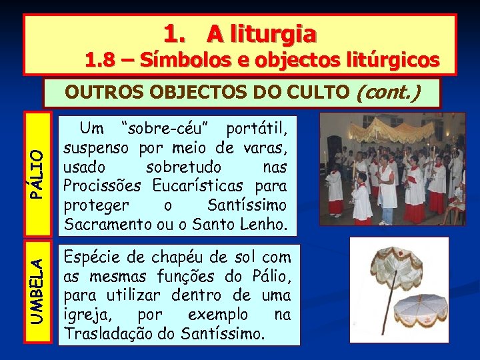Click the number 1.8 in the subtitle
pyautogui.click(x=101, y=61)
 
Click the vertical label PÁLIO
pyautogui.click(x=39, y=174)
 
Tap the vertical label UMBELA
pyautogui.click(x=39, y=291)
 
